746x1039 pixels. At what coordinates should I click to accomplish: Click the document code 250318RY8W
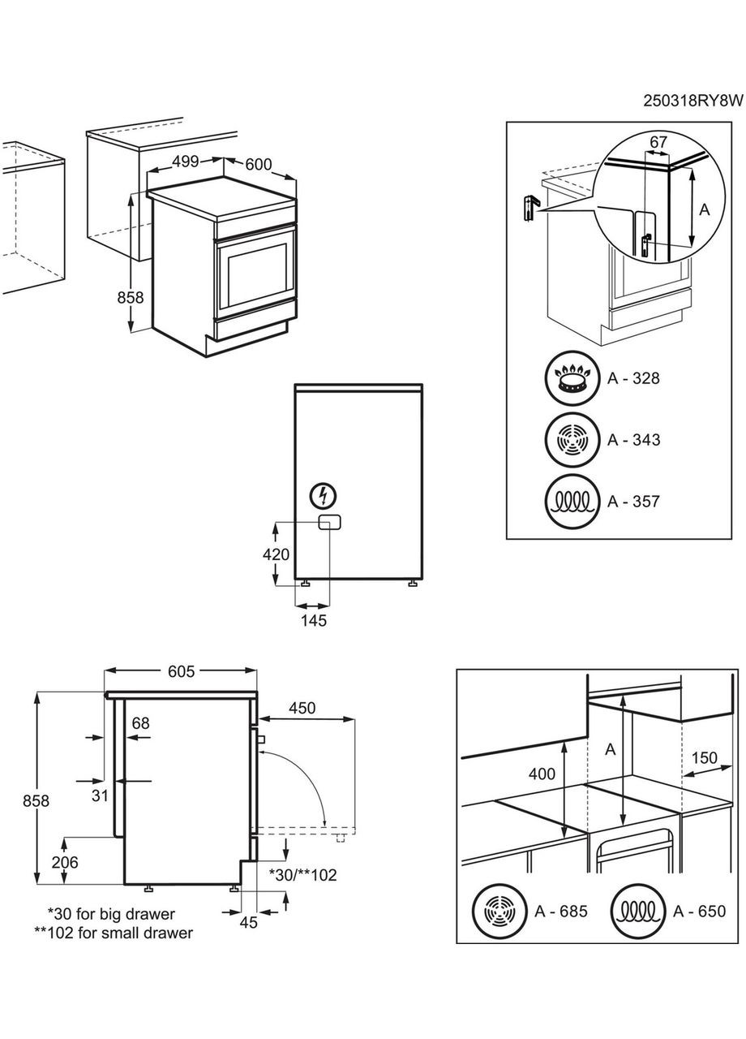[692, 101]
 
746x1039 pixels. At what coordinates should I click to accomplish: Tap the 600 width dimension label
[258, 164]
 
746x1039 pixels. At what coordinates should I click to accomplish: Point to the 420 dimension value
[277, 555]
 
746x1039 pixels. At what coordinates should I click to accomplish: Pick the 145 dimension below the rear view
[313, 621]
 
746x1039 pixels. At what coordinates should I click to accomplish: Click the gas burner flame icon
[572, 379]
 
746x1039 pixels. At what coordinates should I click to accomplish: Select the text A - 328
[634, 378]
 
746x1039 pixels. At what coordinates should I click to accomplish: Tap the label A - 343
[634, 440]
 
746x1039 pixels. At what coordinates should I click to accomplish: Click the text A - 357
[634, 502]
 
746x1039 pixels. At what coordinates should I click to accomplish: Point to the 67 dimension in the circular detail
[658, 142]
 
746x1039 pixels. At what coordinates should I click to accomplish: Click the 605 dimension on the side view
[181, 671]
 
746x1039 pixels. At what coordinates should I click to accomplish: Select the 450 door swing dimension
[302, 709]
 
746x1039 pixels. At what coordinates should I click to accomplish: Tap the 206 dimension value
[65, 863]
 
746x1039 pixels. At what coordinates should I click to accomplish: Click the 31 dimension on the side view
[99, 796]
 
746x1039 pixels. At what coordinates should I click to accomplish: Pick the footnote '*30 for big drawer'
[111, 914]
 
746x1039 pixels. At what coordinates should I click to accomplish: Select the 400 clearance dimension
[542, 774]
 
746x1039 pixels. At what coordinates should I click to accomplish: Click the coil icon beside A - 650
[639, 912]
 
